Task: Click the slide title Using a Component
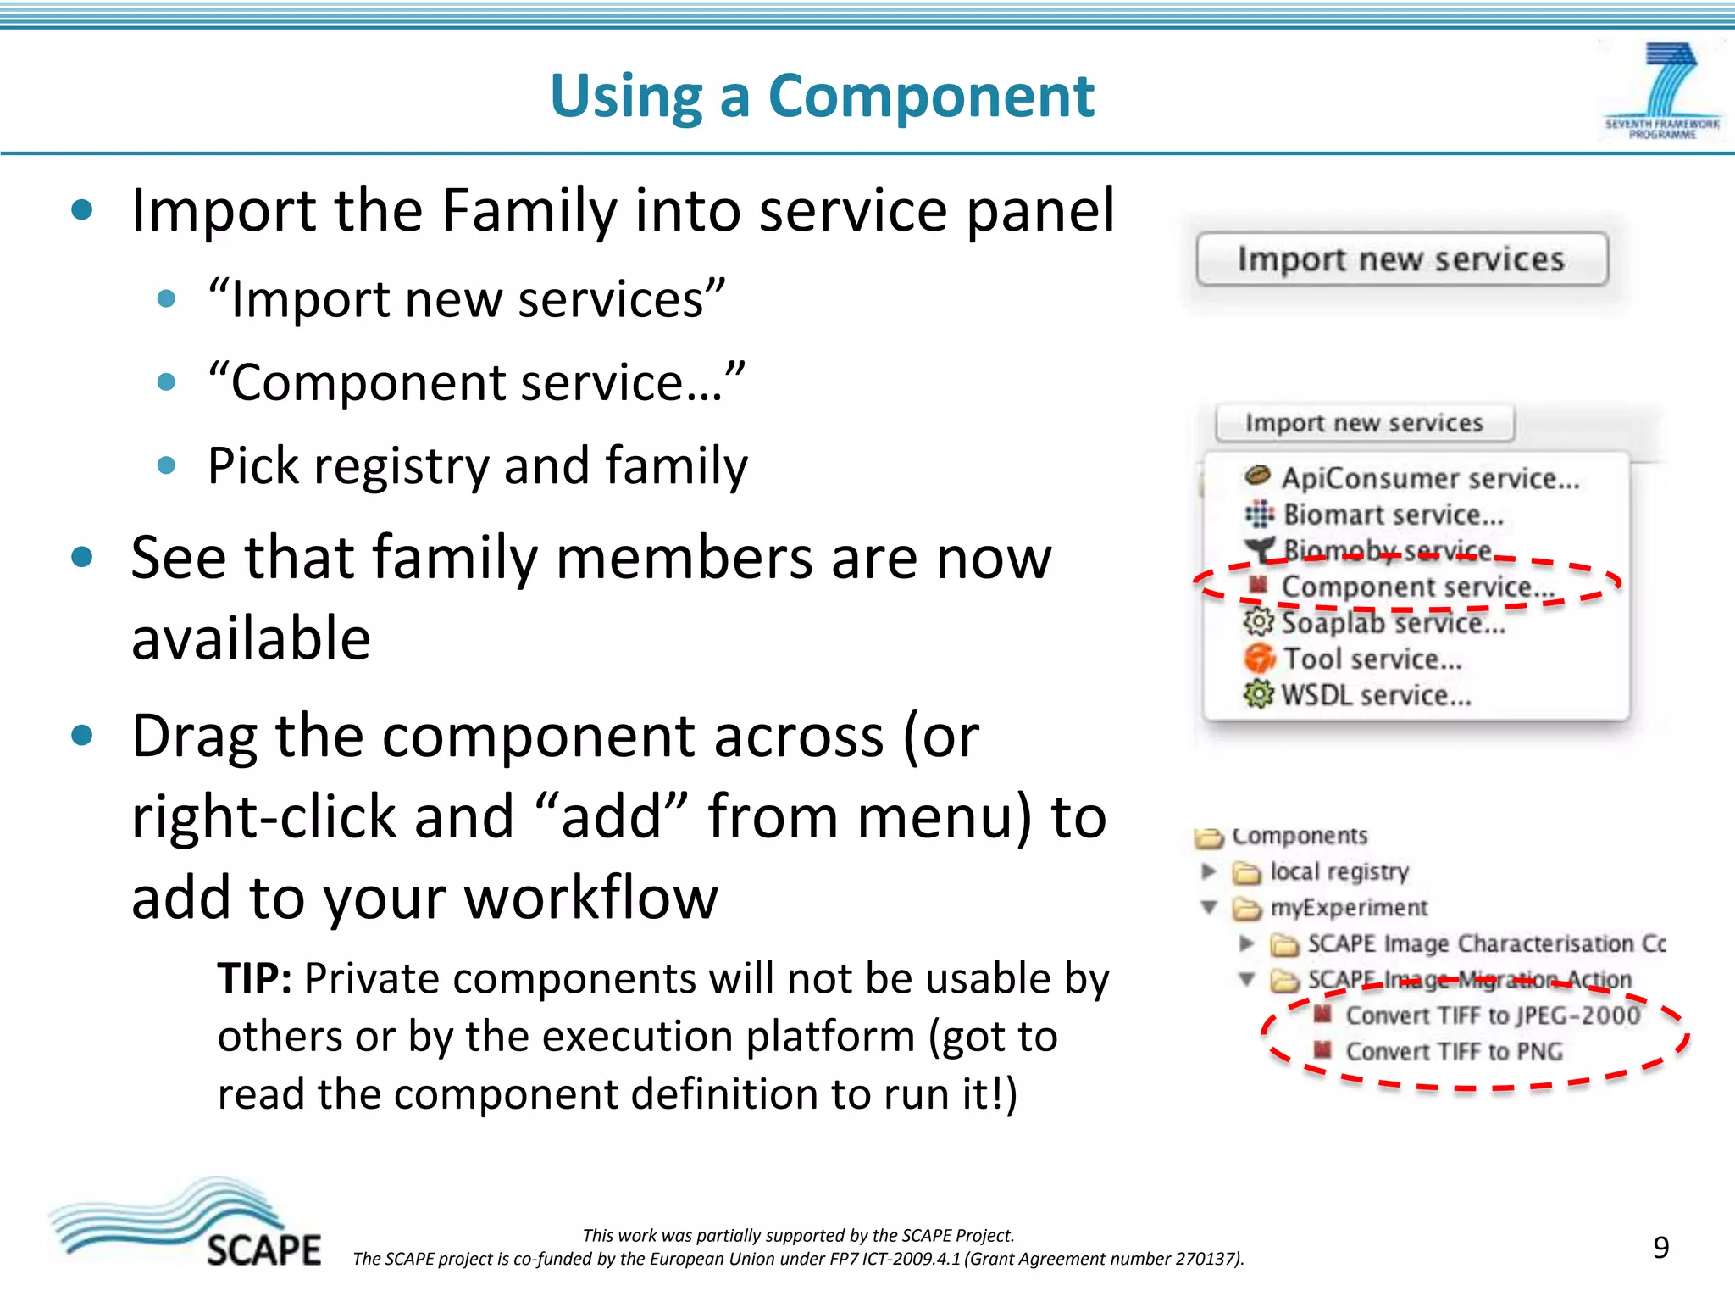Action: (x=822, y=95)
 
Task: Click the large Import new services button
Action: (x=1401, y=259)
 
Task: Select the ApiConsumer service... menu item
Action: (x=1429, y=479)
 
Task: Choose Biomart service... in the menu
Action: (x=1393, y=515)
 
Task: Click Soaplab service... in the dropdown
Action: (x=1393, y=623)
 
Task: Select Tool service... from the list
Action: (x=1372, y=659)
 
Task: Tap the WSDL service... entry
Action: (x=1376, y=696)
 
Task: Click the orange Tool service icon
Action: (x=1259, y=659)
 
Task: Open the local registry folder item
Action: (x=1339, y=871)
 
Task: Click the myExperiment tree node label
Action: (x=1348, y=908)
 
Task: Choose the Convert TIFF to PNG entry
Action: (x=1454, y=1052)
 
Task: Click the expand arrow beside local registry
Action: (x=1209, y=871)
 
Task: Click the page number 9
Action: (x=1660, y=1248)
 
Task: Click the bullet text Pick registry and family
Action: (x=478, y=466)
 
